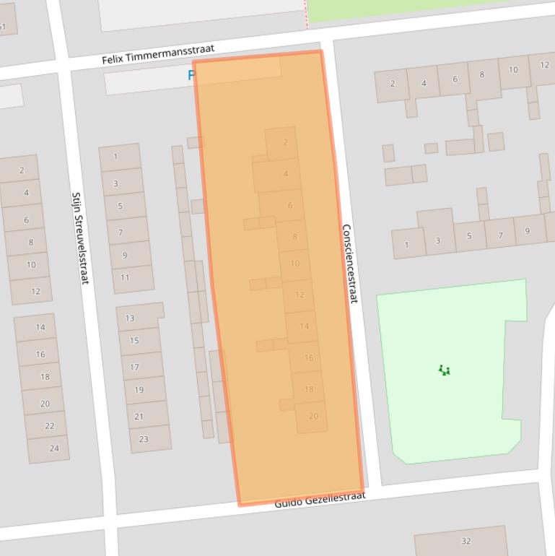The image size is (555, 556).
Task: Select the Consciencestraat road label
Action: coord(349,263)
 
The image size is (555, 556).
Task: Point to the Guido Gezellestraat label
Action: coord(320,499)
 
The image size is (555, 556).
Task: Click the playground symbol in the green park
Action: coord(445,370)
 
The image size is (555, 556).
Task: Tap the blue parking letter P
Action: coord(192,75)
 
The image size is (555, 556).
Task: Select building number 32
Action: coord(466,541)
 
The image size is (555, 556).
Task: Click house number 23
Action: coord(144,439)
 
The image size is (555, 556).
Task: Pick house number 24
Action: coord(53,448)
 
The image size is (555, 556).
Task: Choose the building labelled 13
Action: coord(130,318)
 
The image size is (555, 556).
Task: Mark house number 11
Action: coord(125,277)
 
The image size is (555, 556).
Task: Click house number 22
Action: coord(49,426)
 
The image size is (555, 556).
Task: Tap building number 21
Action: coord(139,416)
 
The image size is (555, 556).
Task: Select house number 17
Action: coord(134,367)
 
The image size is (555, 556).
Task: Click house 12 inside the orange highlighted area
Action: coord(300,295)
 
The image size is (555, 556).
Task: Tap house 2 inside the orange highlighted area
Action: coord(285,143)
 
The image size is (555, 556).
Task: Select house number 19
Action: coord(139,390)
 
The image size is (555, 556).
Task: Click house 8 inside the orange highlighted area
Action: coord(294,237)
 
